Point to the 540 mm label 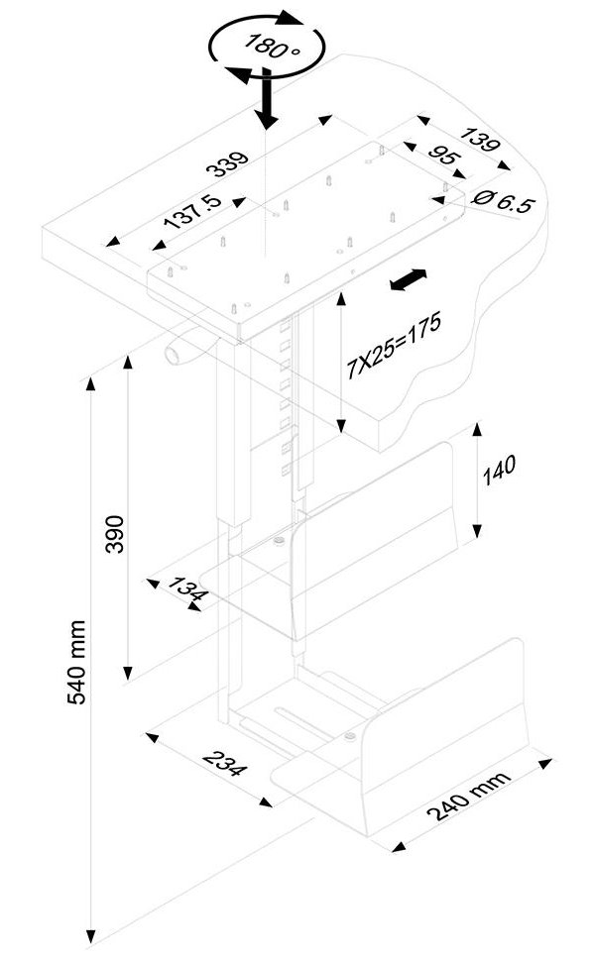pos(76,663)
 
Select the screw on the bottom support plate pos(350,735)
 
